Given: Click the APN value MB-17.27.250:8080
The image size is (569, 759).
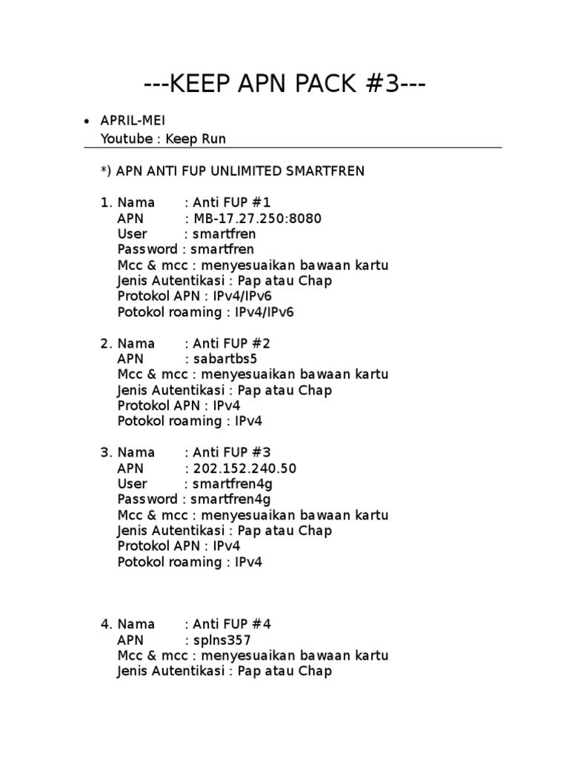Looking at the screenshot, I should coord(258,219).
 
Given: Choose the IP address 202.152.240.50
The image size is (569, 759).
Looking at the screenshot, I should coord(245,468).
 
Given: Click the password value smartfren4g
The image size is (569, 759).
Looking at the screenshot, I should coord(230,500).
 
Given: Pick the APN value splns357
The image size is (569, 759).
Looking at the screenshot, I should coord(222,640).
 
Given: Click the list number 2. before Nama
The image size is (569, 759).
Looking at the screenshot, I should coord(106,344).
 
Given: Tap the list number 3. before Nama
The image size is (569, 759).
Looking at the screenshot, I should coord(106,453).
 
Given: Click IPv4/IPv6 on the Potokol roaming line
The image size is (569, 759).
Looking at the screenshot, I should coord(264,312).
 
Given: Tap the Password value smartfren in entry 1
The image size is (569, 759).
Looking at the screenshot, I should coord(222,250).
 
